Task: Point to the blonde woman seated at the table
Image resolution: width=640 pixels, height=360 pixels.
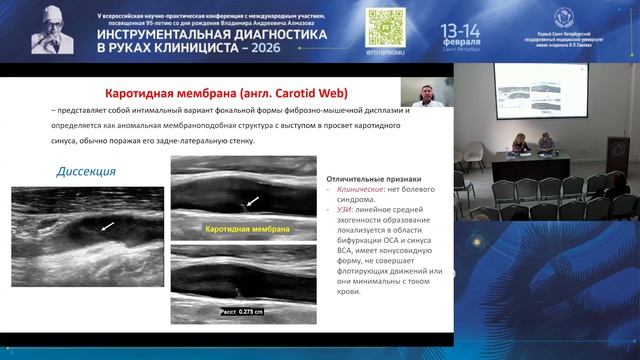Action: (x=519, y=143)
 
